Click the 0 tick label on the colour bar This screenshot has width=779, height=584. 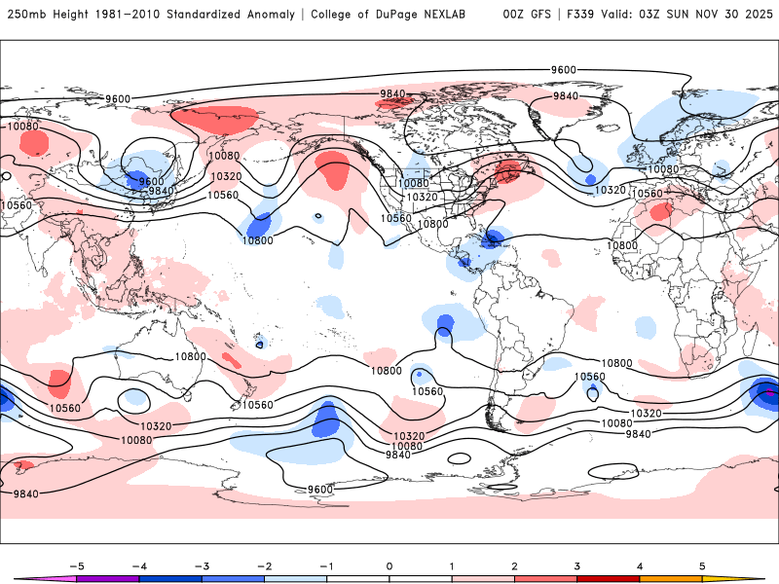[389, 566]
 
